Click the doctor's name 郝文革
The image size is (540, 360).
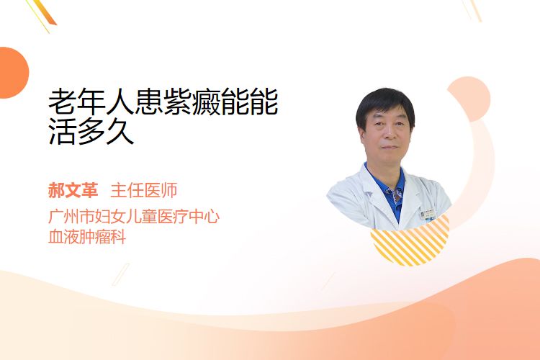point(73,191)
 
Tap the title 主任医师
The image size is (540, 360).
point(144,191)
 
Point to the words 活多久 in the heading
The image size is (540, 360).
point(91,131)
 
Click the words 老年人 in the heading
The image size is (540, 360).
point(91,102)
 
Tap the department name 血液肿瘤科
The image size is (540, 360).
point(87,237)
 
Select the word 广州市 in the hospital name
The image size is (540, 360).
point(71,217)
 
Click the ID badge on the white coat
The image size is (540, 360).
point(428,215)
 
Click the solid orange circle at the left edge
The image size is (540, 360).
point(13,73)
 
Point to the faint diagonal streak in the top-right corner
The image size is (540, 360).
point(472,10)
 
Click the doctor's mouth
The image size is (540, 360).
point(390,147)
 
